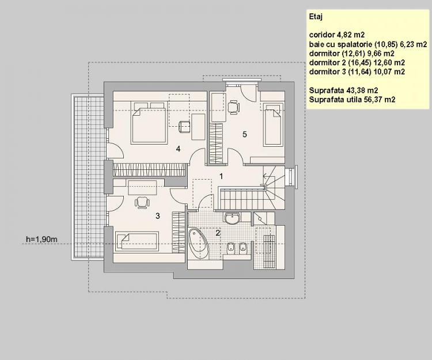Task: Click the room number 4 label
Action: pyautogui.click(x=179, y=149)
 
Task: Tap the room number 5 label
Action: pyautogui.click(x=245, y=134)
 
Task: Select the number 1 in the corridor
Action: pyautogui.click(x=221, y=175)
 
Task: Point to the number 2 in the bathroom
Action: pyautogui.click(x=217, y=233)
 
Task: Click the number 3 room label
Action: pyautogui.click(x=157, y=217)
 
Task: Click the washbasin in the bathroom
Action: pyautogui.click(x=233, y=218)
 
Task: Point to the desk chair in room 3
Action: pyautogui.click(x=142, y=201)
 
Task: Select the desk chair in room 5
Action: pyautogui.click(x=233, y=106)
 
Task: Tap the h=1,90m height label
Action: pyautogui.click(x=41, y=238)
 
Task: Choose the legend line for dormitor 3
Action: pyautogui.click(x=357, y=72)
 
